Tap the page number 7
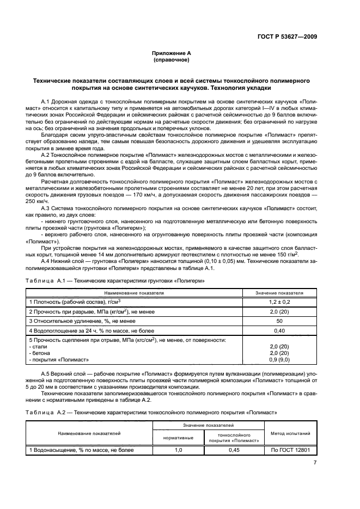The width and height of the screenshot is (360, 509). pyautogui.click(x=315, y=463)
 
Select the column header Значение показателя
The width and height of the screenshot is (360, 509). pyautogui.click(x=279, y=292)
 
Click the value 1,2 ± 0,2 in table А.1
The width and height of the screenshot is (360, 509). pyautogui.click(x=279, y=301)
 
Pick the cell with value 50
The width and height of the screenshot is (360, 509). pyautogui.click(x=279, y=321)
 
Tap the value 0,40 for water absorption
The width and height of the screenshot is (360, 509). pyautogui.click(x=279, y=330)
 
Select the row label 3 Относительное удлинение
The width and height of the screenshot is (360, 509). pyautogui.click(x=66, y=321)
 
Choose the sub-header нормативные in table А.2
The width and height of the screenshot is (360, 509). pyautogui.click(x=178, y=438)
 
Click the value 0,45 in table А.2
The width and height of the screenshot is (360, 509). pyautogui.click(x=234, y=450)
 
